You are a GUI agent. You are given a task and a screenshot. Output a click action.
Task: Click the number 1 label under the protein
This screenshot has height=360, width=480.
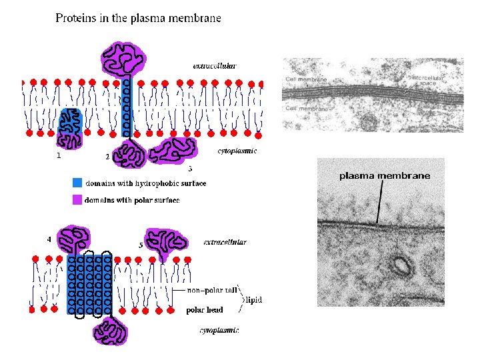(59, 156)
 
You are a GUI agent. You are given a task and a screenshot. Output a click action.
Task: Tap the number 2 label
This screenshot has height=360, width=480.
(107, 157)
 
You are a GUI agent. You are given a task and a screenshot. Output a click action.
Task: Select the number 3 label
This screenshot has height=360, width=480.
(190, 168)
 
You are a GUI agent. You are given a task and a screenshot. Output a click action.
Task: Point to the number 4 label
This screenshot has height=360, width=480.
(49, 238)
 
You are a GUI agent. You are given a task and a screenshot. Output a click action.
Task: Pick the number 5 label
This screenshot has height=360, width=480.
(141, 245)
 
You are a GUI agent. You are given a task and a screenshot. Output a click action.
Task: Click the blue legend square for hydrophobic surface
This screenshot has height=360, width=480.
(77, 183)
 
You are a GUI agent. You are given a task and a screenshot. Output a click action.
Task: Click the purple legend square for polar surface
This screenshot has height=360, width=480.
(77, 199)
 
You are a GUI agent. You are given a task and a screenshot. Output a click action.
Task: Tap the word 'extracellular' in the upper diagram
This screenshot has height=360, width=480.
(214, 66)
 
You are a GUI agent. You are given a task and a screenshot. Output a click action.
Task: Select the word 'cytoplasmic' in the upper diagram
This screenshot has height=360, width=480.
(237, 151)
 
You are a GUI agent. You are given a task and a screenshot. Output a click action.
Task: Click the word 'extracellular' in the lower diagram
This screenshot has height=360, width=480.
(225, 242)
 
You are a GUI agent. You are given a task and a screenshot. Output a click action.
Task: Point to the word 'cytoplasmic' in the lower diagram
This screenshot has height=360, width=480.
(219, 330)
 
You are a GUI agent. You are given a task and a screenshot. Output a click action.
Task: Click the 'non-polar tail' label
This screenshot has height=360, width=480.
(212, 291)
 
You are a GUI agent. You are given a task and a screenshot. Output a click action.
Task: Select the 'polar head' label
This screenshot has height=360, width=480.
(204, 310)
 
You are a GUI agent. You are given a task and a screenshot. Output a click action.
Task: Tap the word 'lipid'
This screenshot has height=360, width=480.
(254, 300)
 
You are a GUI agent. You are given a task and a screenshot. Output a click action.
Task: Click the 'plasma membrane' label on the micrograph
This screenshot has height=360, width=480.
(385, 176)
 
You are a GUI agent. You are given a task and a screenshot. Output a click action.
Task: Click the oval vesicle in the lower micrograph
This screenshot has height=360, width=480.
(401, 266)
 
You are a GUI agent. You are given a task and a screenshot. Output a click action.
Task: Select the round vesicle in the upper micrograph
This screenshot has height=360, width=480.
(367, 122)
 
